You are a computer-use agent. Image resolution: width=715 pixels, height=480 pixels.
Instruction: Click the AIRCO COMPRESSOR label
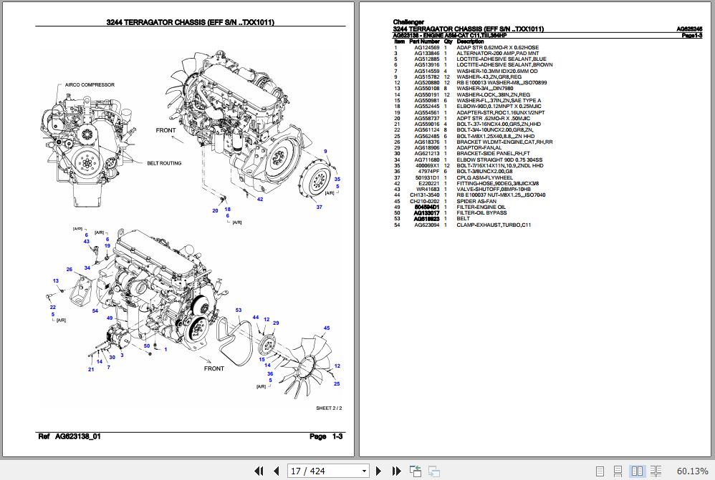[x=90, y=84]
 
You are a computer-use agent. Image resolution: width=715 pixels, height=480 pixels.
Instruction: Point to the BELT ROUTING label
[x=164, y=163]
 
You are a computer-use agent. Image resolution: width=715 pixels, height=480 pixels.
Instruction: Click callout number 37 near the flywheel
[x=319, y=207]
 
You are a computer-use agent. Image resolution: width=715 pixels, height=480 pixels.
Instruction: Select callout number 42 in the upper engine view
[x=260, y=200]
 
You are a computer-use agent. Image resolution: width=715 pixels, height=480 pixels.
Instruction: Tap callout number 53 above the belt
[x=239, y=310]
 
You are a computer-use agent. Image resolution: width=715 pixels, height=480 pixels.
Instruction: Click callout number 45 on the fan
[x=326, y=328]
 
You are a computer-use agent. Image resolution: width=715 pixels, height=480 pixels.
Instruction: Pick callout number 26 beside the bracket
[x=69, y=270]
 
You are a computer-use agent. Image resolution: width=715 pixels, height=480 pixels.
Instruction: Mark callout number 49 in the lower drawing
[x=110, y=318]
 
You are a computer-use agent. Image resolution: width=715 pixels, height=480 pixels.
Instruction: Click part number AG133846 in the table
[x=426, y=53]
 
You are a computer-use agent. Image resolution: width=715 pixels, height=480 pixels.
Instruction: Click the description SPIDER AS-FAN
[x=475, y=201]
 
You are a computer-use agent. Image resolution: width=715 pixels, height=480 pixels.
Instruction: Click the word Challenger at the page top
[x=409, y=22]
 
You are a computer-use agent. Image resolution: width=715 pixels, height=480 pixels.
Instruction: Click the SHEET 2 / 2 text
[x=329, y=408]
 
